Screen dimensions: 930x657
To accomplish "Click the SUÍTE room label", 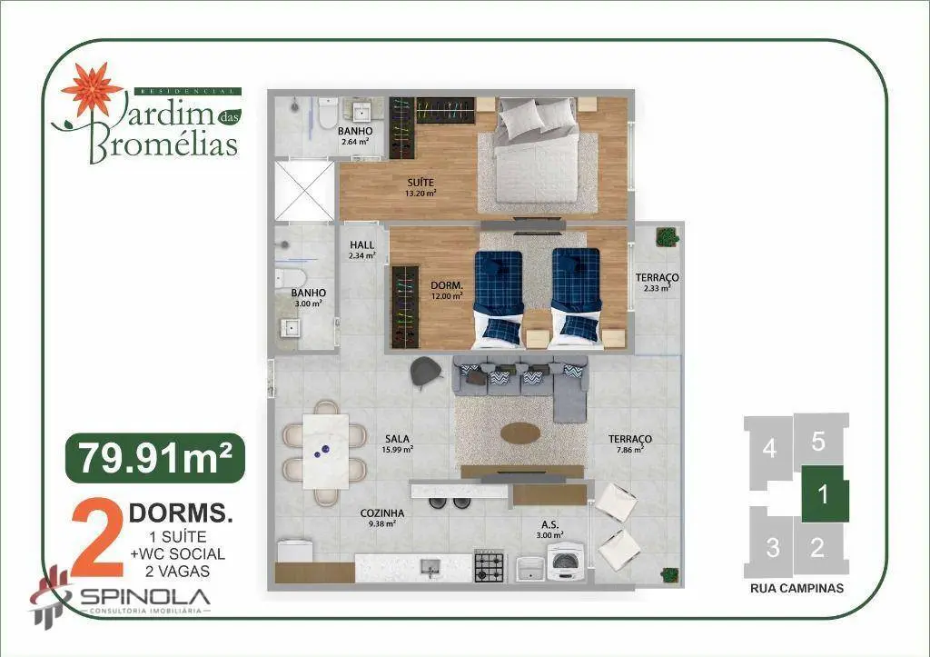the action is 420,187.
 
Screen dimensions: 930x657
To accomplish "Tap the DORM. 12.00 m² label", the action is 447,291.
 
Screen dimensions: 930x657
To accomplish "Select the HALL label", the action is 361,250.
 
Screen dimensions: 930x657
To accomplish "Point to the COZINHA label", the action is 382,518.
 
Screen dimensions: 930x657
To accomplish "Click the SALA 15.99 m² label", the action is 398,444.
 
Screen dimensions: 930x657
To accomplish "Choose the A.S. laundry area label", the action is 549,530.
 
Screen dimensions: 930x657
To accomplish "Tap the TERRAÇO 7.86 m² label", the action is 630,444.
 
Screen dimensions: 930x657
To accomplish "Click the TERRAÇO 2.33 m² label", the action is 658,283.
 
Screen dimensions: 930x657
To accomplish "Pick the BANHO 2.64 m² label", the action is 355,136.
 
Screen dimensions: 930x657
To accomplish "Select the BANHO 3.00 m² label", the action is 309,298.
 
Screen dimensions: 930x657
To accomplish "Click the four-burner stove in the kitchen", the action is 490,566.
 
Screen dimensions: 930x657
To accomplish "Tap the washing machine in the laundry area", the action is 567,563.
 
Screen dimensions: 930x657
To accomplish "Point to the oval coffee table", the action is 520,433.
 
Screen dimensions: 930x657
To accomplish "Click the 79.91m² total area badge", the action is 155,458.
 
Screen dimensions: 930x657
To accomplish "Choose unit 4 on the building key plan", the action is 769,449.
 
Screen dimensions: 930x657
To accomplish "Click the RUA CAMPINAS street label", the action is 796,588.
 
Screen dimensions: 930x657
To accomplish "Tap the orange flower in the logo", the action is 93,90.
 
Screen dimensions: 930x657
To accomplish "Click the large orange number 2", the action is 97,538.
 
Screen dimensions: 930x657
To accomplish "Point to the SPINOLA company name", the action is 145,596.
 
